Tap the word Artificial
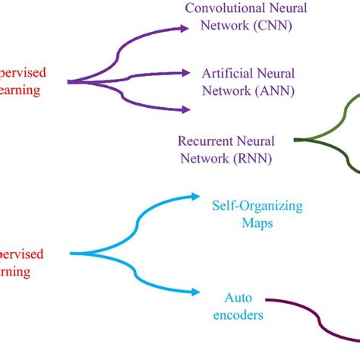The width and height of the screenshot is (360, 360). coord(226,74)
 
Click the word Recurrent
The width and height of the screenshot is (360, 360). coord(203,141)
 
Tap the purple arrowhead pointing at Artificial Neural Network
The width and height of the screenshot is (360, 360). coord(185,73)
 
